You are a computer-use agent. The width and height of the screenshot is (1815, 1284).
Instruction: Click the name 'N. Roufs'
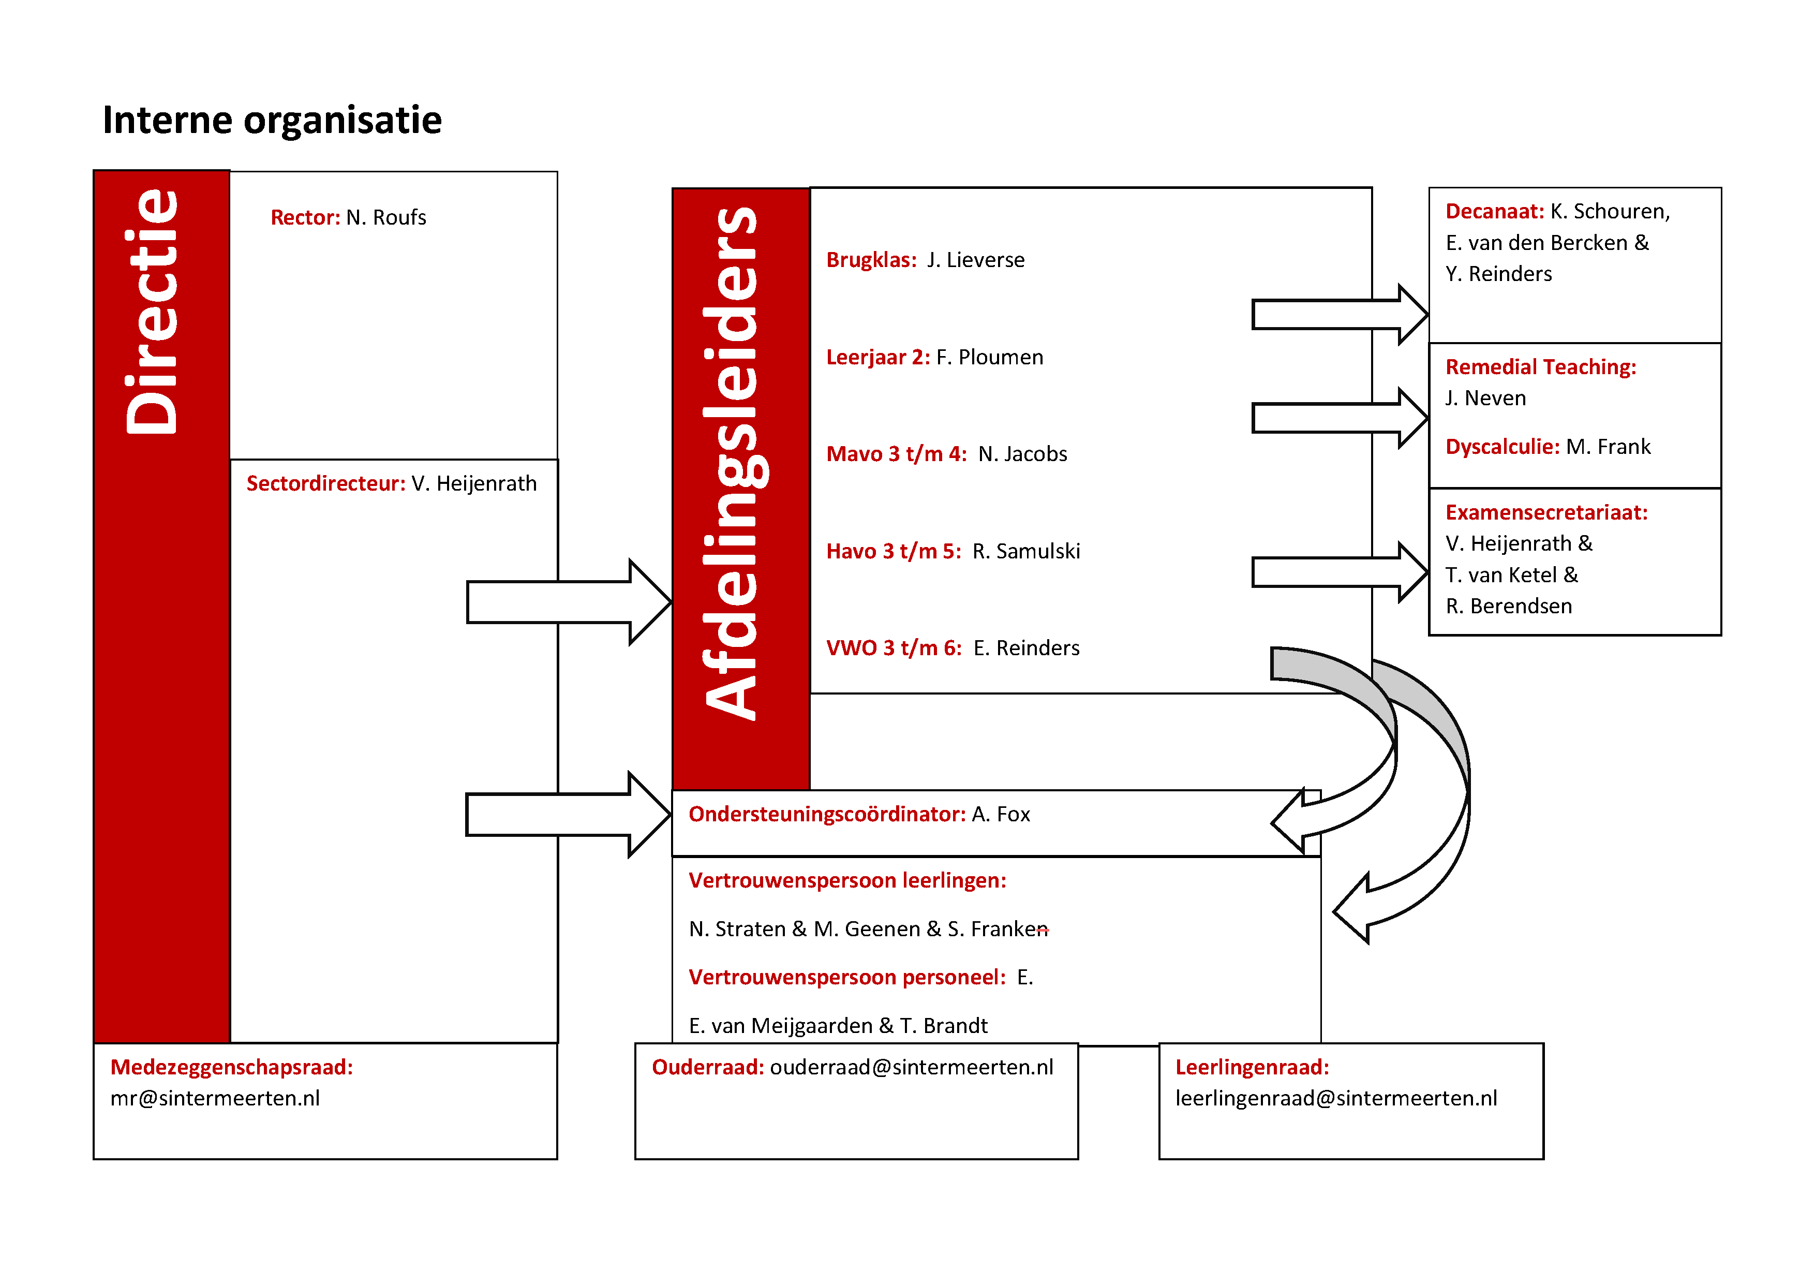pyautogui.click(x=386, y=217)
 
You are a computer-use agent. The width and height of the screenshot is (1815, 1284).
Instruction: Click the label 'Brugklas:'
pyautogui.click(x=871, y=260)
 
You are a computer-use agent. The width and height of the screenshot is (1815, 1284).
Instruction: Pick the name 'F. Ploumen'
pyautogui.click(x=990, y=358)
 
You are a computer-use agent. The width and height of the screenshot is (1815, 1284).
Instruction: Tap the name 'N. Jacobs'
pyautogui.click(x=1022, y=454)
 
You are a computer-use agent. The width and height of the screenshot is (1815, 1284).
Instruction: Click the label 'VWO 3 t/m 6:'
pyautogui.click(x=894, y=648)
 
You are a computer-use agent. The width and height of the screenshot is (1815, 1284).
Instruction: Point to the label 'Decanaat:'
pyautogui.click(x=1495, y=211)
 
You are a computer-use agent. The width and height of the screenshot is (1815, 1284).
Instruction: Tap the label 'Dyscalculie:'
pyautogui.click(x=1502, y=447)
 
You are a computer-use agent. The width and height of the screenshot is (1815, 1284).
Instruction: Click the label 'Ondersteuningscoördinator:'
pyautogui.click(x=827, y=815)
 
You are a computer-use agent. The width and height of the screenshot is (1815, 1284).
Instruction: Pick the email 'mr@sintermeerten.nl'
pyautogui.click(x=215, y=1098)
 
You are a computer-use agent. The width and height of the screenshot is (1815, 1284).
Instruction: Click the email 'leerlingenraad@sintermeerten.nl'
pyautogui.click(x=1336, y=1098)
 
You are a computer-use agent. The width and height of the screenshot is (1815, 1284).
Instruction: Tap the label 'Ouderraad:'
pyautogui.click(x=707, y=1067)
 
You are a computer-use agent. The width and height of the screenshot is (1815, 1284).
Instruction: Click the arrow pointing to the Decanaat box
pyautogui.click(x=1340, y=315)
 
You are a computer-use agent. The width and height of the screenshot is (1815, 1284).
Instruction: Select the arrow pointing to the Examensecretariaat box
pyautogui.click(x=1340, y=572)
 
